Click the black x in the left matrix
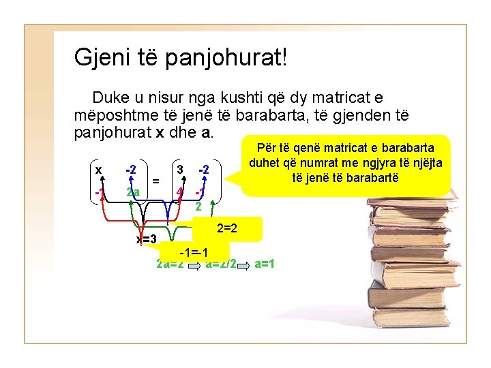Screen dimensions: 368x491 pyautogui.click(x=99, y=169)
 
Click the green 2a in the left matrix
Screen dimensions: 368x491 pyautogui.click(x=134, y=192)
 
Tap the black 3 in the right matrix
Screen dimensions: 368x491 pyautogui.click(x=179, y=168)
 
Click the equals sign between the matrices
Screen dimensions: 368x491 pyautogui.click(x=156, y=181)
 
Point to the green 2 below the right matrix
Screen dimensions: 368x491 pyautogui.click(x=198, y=206)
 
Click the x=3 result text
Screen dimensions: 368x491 pyautogui.click(x=147, y=239)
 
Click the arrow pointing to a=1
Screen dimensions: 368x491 pyautogui.click(x=244, y=264)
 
